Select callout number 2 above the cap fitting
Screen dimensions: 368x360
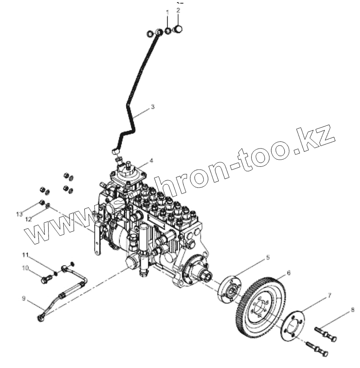point(178,9)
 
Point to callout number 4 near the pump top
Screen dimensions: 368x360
point(152,160)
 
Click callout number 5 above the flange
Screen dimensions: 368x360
point(268,257)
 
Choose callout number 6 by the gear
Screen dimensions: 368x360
point(289,272)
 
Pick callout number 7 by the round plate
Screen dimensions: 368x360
point(330,295)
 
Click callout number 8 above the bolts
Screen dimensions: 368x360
point(352,309)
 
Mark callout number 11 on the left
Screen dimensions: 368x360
point(26,255)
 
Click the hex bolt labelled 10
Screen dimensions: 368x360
point(46,280)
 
